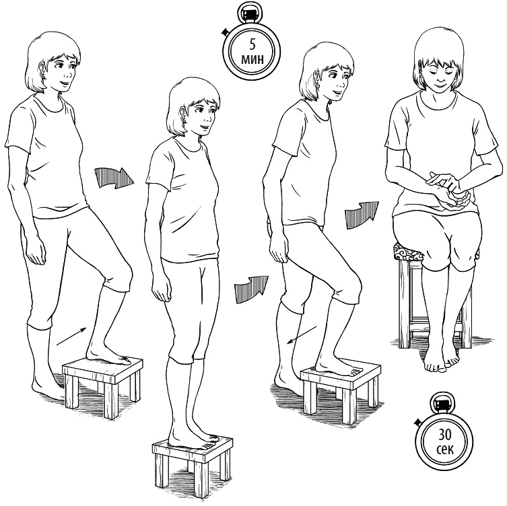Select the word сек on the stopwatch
[x=445, y=449]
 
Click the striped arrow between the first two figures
[x=114, y=178]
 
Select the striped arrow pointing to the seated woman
[x=362, y=215]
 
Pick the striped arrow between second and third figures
[x=251, y=289]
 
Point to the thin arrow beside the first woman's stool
[x=71, y=336]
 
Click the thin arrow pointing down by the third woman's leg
[x=302, y=335]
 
